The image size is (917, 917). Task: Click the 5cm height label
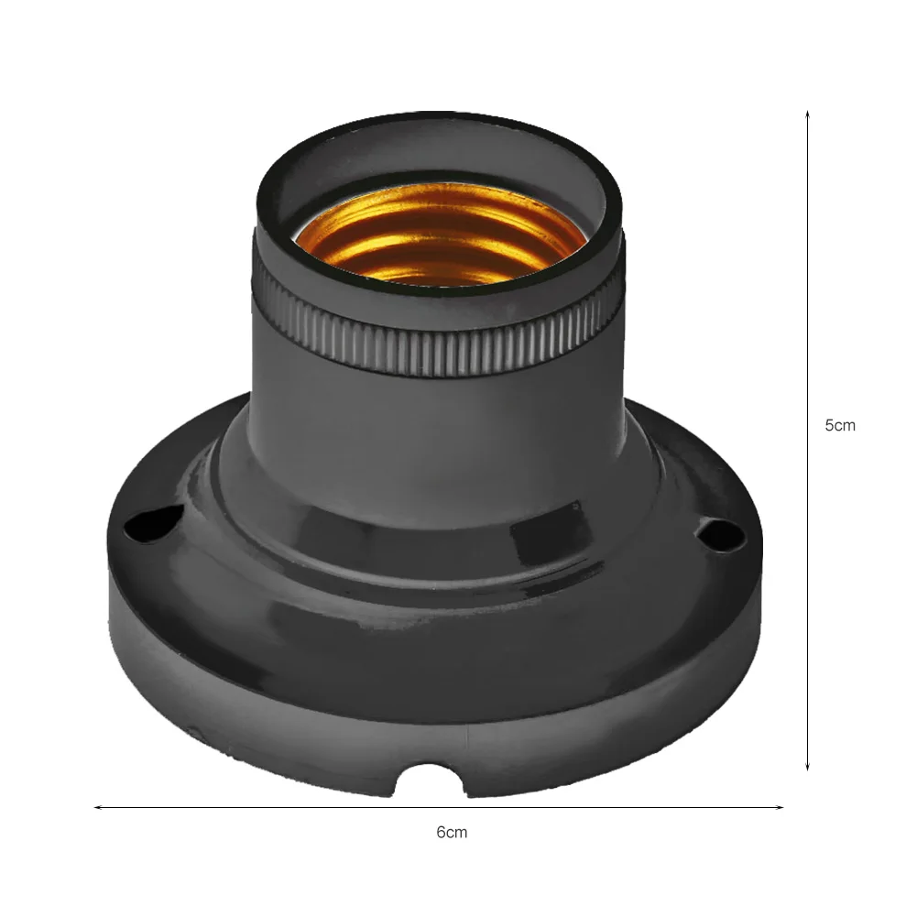[840, 425]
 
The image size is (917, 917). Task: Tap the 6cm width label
[452, 833]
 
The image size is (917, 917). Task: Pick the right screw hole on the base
[717, 530]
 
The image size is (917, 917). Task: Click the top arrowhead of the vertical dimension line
[807, 115]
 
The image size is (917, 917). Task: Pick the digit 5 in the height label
[830, 425]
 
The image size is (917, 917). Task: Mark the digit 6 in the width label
[442, 833]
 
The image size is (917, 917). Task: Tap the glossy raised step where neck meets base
[431, 540]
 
